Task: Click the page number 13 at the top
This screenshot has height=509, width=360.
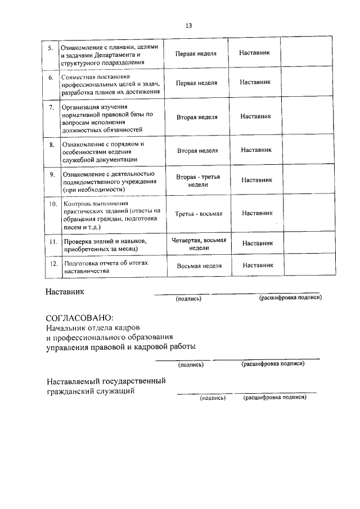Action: (189, 25)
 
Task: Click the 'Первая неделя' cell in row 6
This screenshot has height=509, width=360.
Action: (196, 82)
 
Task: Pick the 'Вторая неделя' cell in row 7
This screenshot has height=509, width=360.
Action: (197, 117)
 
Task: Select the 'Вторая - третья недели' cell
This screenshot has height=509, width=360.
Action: (198, 180)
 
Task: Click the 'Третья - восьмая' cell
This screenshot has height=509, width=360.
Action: (199, 214)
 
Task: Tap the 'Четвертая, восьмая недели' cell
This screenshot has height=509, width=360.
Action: (199, 244)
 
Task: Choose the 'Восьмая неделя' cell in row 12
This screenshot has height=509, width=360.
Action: (199, 265)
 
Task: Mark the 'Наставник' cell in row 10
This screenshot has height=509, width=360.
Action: (257, 213)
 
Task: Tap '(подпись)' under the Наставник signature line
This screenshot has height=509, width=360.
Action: (188, 299)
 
